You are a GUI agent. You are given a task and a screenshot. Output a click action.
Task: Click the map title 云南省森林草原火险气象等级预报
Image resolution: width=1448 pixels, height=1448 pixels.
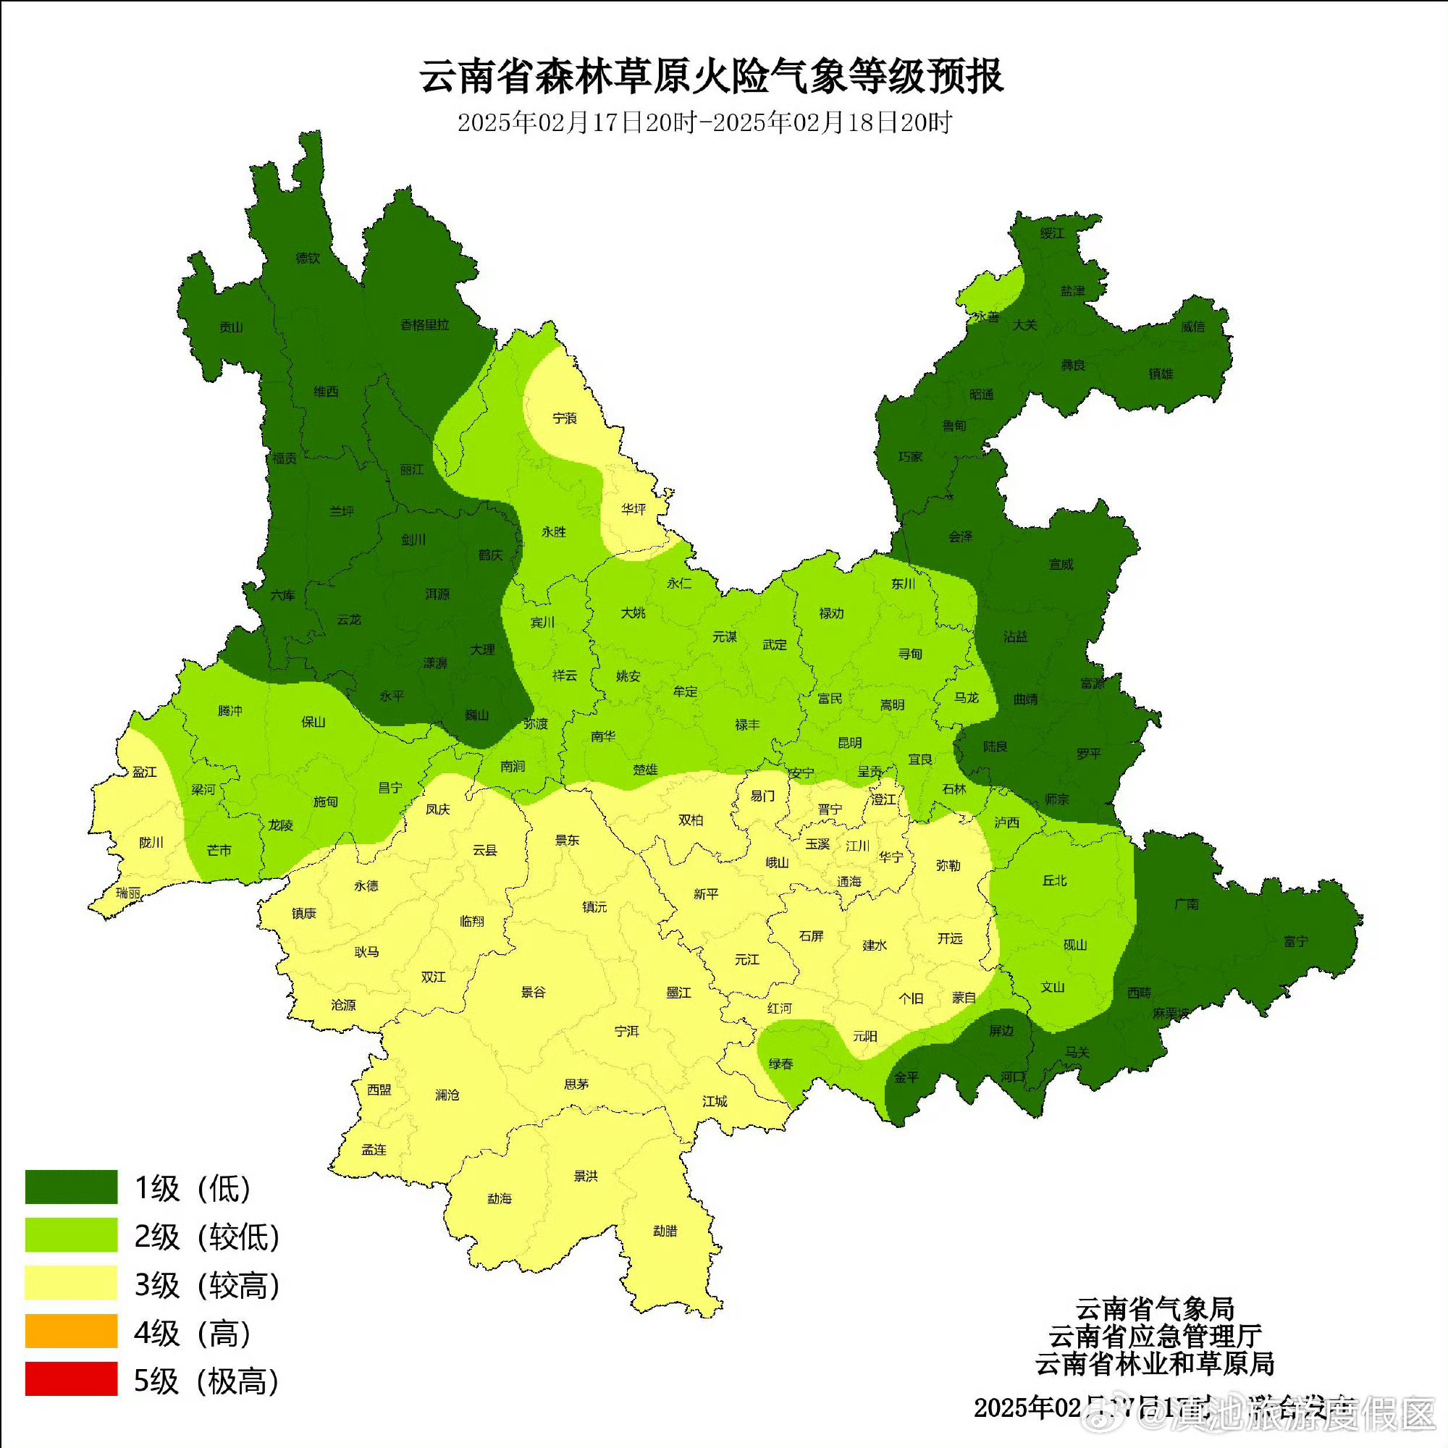pyautogui.click(x=711, y=77)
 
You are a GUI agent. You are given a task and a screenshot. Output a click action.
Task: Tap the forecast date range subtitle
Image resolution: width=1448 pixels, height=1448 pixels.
pyautogui.click(x=704, y=122)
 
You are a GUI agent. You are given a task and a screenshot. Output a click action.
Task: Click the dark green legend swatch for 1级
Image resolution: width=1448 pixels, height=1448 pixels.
pyautogui.click(x=71, y=1187)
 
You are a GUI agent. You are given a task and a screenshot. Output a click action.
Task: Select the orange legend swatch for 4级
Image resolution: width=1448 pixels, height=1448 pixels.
pyautogui.click(x=71, y=1330)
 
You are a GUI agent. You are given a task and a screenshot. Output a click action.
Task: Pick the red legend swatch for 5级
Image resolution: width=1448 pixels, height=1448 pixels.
pyautogui.click(x=71, y=1379)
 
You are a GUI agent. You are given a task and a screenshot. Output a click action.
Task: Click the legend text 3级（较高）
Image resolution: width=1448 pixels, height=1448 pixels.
pyautogui.click(x=207, y=1284)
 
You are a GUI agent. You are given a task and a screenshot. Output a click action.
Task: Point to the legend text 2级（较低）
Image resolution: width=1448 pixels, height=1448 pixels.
pyautogui.click(x=207, y=1237)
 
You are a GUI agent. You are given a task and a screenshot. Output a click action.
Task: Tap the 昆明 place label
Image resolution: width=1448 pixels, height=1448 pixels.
pyautogui.click(x=850, y=743)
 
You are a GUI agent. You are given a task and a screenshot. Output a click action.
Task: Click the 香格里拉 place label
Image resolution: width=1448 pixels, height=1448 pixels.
pyautogui.click(x=424, y=324)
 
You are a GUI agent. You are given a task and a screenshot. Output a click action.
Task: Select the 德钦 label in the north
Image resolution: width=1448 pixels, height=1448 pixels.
pyautogui.click(x=307, y=258)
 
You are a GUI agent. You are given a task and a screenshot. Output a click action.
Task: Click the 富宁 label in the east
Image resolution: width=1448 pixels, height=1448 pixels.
pyautogui.click(x=1295, y=941)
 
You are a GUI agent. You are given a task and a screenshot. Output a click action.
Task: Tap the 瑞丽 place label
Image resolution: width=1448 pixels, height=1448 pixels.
pyautogui.click(x=128, y=893)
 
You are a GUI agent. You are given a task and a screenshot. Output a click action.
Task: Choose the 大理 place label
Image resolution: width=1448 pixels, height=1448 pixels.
pyautogui.click(x=483, y=649)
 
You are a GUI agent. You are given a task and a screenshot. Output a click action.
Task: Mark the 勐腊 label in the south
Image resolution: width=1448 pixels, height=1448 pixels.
pyautogui.click(x=665, y=1231)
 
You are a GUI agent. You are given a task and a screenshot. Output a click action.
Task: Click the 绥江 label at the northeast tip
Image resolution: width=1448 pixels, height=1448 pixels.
pyautogui.click(x=1051, y=233)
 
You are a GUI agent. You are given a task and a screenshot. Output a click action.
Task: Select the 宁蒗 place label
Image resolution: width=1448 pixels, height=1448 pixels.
pyautogui.click(x=565, y=418)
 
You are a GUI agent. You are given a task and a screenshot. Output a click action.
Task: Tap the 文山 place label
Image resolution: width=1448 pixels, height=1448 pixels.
pyautogui.click(x=1052, y=987)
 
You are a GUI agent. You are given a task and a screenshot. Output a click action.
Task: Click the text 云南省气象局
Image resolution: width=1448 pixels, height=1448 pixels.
pyautogui.click(x=1154, y=1309)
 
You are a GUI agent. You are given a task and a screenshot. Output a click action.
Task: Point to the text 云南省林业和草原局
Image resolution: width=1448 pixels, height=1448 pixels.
pyautogui.click(x=1154, y=1363)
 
